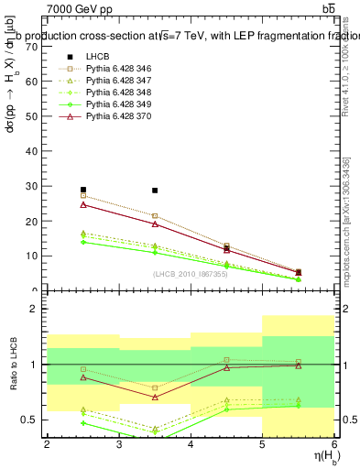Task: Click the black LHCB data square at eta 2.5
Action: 83,190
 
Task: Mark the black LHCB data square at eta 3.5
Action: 155,191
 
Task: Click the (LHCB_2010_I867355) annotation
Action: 191,274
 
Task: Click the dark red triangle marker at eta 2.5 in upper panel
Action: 83,204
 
